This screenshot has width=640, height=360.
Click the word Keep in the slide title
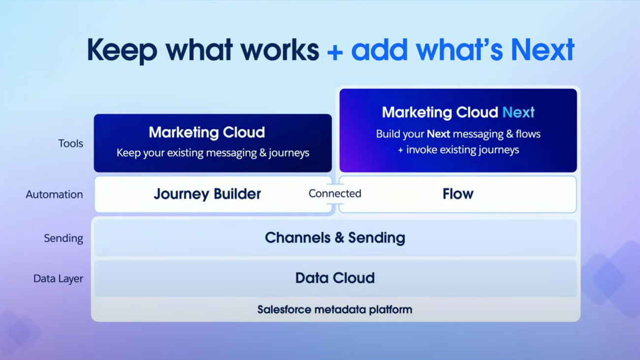pos(122,50)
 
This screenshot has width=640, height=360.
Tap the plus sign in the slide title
pos(335,53)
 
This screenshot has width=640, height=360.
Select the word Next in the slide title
pos(543,50)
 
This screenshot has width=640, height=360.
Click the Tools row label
pos(70,143)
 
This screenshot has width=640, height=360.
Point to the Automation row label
pos(54,195)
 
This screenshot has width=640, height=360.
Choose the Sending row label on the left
pos(64,238)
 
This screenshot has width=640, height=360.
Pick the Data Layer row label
pos(58,278)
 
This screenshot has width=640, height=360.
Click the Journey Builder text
pos(207,195)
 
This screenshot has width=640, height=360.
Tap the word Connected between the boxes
pos(335,194)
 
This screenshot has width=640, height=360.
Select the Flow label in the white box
pos(458,194)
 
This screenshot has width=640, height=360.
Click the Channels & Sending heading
pos(335,238)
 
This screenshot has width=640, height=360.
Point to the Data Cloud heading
pos(335,278)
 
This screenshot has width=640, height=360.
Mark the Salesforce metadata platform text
pos(335,309)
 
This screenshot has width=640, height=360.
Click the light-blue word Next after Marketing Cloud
pos(518,112)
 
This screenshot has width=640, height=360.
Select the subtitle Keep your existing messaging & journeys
pos(213,153)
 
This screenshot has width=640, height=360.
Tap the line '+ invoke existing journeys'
pos(458,150)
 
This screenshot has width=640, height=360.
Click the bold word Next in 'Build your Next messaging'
pos(438,134)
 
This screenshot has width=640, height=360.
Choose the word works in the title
pos(280,50)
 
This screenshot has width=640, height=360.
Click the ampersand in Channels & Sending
pos(339,238)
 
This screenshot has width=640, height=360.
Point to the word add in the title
pos(379,50)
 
